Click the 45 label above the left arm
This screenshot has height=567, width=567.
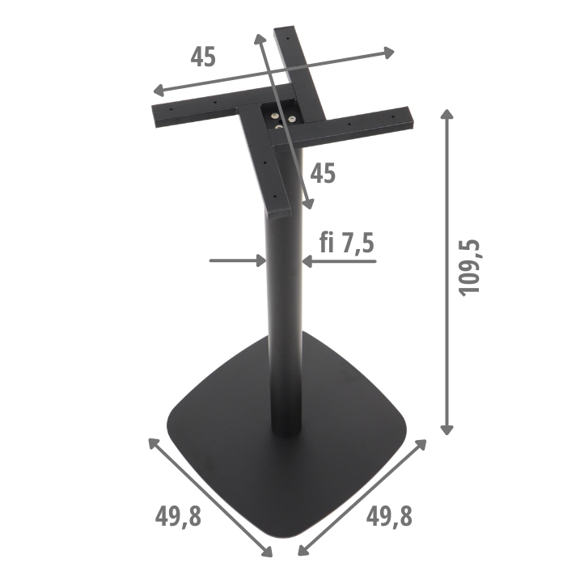[203, 57]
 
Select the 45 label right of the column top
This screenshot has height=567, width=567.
[323, 173]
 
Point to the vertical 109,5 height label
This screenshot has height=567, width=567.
[471, 268]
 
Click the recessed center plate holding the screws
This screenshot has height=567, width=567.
[278, 119]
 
